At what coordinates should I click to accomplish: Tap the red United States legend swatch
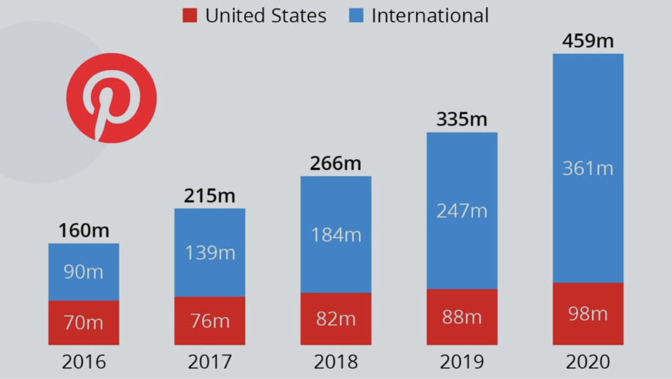click(190, 16)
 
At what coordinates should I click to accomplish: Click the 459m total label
click(587, 41)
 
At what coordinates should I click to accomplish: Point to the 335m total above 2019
click(461, 120)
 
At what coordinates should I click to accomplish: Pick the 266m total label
click(335, 163)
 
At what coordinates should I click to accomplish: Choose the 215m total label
click(209, 196)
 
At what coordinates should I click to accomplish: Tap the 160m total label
click(83, 231)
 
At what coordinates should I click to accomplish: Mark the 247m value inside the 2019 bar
click(461, 211)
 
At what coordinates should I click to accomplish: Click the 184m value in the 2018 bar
click(335, 235)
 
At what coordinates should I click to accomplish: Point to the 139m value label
click(209, 253)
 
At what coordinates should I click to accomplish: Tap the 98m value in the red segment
click(587, 314)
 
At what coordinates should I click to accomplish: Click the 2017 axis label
click(209, 361)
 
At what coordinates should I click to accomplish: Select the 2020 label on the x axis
click(587, 361)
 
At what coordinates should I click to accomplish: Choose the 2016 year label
click(83, 361)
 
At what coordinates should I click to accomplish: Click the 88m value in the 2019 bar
click(461, 317)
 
